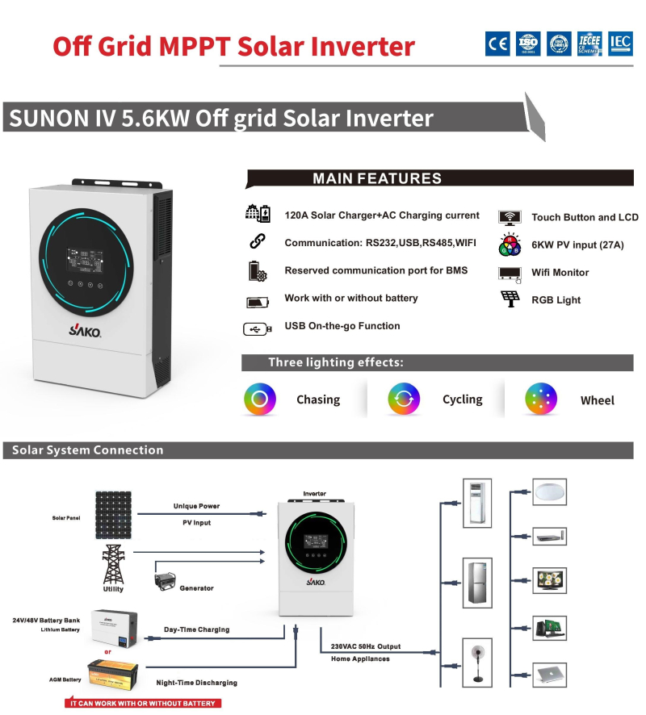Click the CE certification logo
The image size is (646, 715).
point(497,44)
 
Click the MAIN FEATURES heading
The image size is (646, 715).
point(376,179)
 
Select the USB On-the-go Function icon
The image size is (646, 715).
point(258,328)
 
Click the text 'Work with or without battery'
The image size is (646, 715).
point(351,299)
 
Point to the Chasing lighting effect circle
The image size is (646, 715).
point(260,399)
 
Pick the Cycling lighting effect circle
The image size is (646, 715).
point(404,399)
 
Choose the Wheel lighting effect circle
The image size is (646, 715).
point(541,399)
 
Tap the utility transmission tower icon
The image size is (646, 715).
point(113,562)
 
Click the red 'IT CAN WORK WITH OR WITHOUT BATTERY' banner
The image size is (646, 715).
point(144,703)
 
